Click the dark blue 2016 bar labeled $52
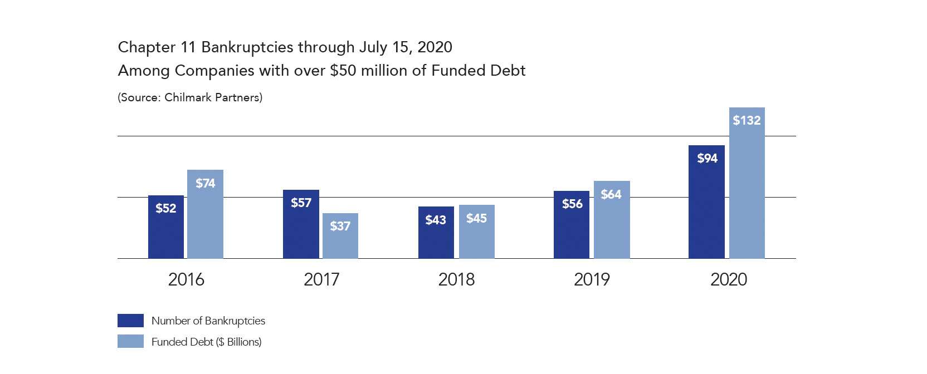[166, 227]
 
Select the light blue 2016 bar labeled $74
[205, 214]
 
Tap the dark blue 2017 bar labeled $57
[301, 224]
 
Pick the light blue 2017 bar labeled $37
[340, 236]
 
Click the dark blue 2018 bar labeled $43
[436, 233]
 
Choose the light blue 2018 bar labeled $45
[476, 232]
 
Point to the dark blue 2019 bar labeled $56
[572, 225]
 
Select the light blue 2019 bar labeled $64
[612, 220]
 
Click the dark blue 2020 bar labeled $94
[706, 202]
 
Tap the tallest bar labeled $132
[747, 183]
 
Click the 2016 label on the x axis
[186, 279]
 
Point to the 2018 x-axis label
[456, 279]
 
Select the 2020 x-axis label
[728, 279]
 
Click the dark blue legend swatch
[130, 321]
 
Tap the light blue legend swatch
[130, 341]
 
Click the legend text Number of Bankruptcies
[208, 321]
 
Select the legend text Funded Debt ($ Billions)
[206, 342]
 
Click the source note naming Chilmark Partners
[190, 97]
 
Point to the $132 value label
[747, 120]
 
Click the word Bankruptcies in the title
[247, 47]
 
